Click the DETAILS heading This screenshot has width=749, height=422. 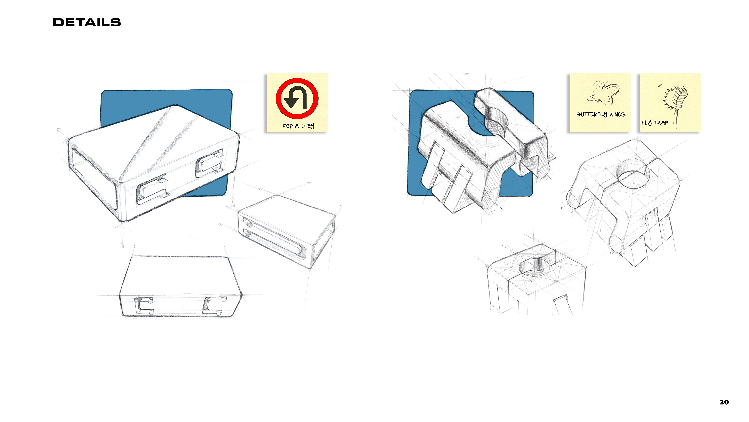coord(87,22)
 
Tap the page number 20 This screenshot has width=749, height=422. coord(724,402)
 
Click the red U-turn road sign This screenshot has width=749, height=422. coord(297,98)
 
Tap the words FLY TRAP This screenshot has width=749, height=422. coord(655,123)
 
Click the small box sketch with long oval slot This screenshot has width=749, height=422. coord(286,232)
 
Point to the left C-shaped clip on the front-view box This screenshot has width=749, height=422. coord(144,306)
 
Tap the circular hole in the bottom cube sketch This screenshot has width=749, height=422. coord(534,267)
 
